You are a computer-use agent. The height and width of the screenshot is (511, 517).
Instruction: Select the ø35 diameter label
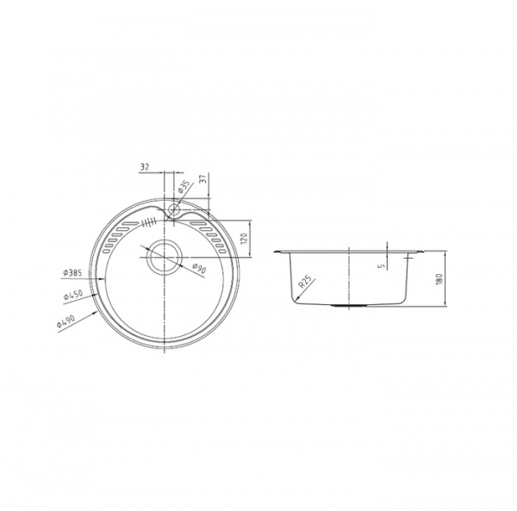point(184,186)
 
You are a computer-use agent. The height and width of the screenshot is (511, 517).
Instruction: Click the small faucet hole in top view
point(173,209)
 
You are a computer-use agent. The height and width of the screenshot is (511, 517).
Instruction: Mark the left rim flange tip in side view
point(275,252)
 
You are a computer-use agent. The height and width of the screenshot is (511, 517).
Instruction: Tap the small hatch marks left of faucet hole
point(150,221)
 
